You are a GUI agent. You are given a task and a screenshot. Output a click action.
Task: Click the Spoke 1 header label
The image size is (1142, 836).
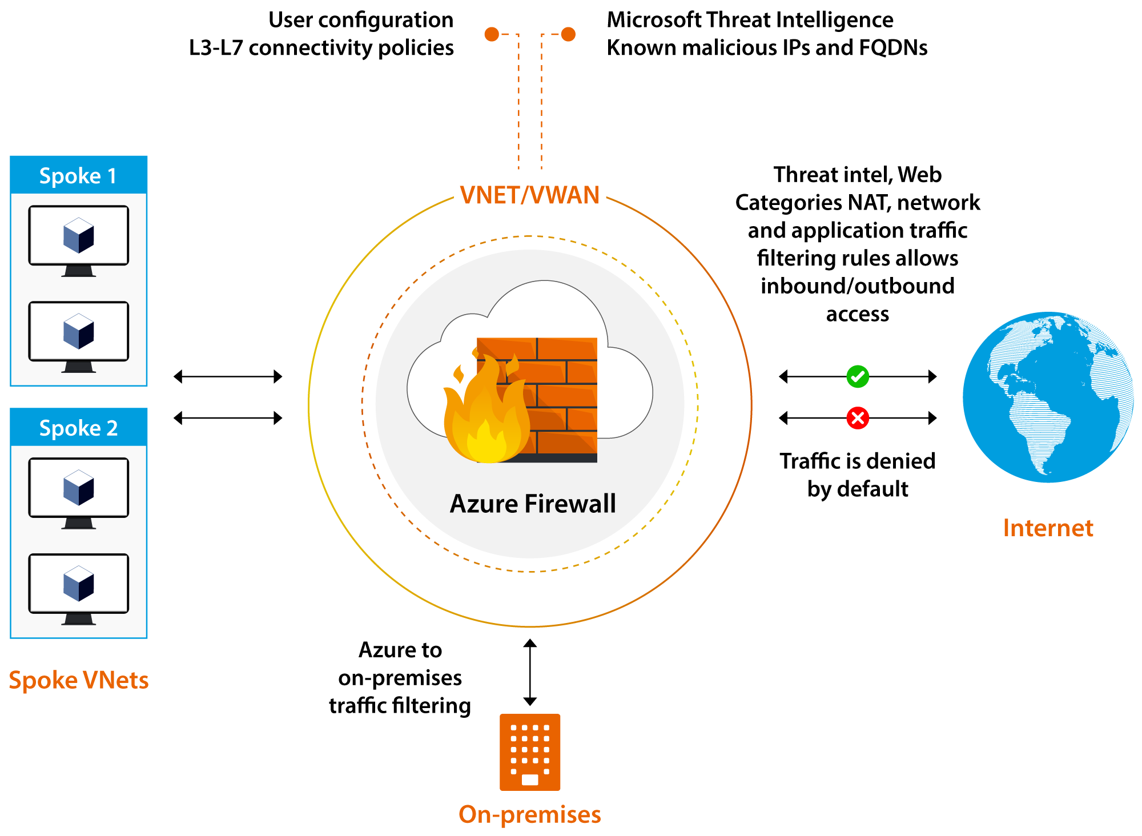(x=78, y=175)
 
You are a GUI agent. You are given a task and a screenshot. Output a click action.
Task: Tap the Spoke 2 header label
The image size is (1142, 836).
(x=78, y=428)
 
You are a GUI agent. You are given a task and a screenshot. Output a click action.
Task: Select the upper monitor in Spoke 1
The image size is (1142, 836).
(x=79, y=240)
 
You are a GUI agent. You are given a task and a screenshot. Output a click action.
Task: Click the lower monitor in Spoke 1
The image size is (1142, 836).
(x=79, y=336)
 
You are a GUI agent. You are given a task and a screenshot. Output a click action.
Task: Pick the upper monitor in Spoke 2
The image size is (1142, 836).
(x=79, y=492)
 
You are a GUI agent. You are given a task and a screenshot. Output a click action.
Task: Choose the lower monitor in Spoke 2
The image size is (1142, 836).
(x=79, y=588)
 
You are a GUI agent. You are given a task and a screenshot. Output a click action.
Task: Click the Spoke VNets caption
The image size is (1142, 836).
(x=79, y=680)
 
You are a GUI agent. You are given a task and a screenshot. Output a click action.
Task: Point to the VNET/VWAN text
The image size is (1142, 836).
(x=529, y=195)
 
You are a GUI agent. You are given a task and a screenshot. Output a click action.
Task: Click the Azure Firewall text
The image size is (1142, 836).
(x=533, y=504)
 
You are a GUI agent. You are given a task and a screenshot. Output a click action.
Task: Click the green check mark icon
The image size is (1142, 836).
(x=858, y=376)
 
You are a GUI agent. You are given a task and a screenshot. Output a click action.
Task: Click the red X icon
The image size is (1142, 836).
(x=858, y=418)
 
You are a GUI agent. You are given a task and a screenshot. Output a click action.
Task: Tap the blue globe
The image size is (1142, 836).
(x=1048, y=397)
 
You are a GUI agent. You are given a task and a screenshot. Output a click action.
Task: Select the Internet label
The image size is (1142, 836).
(x=1048, y=528)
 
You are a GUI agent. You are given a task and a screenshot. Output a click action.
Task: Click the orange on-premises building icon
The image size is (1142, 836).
(x=530, y=752)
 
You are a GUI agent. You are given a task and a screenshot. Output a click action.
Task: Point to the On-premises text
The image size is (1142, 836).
(x=529, y=814)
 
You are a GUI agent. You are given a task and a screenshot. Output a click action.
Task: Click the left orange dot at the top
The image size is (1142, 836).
(x=492, y=34)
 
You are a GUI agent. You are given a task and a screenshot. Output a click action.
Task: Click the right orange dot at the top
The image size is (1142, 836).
(x=568, y=34)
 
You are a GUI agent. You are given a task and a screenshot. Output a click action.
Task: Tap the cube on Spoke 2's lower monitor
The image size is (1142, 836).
(x=79, y=584)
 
